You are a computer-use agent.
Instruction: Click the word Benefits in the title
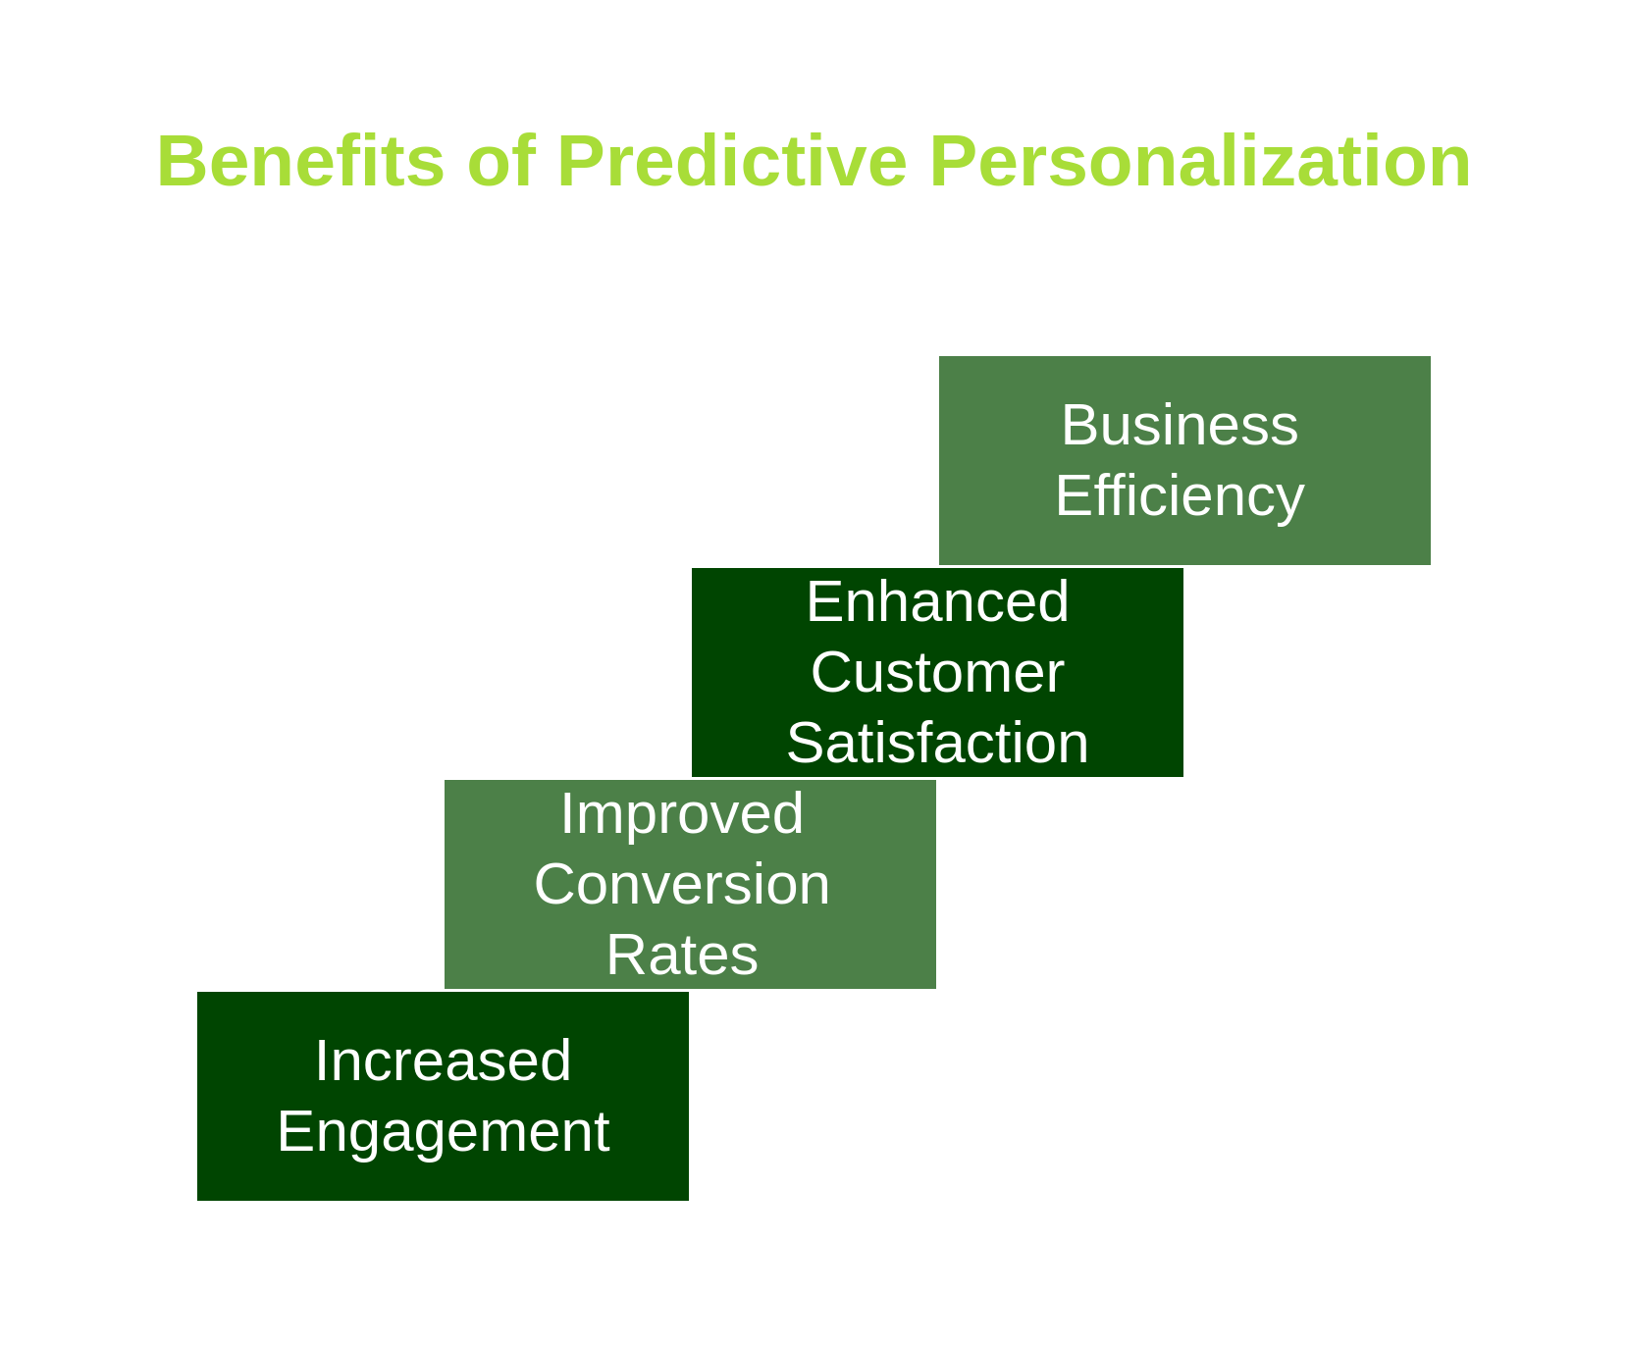pos(300,162)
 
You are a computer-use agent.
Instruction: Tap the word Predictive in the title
pos(732,162)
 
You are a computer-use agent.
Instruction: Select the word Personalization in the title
pos(1199,162)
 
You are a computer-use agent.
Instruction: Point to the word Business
pos(1180,426)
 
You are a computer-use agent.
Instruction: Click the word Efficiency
pos(1180,496)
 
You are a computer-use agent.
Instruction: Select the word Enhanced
pos(937,601)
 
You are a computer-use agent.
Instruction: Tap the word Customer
pos(937,673)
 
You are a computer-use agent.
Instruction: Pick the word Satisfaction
pos(937,744)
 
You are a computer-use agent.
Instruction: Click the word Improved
pos(682,814)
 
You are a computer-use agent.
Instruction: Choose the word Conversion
pos(682,885)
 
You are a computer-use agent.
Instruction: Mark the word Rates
pos(682,956)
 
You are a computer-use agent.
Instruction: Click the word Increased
pos(443,1061)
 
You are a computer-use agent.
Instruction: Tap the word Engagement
pos(443,1132)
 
